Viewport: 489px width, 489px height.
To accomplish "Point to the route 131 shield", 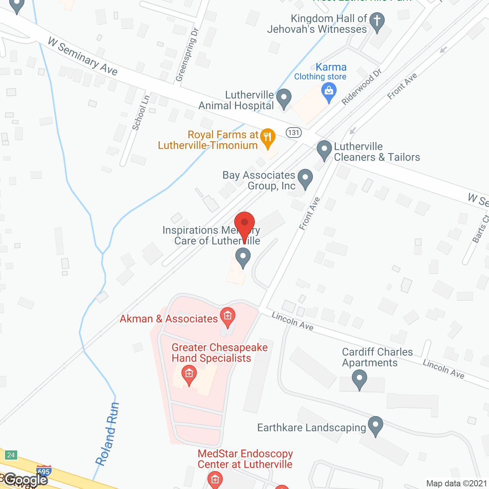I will [x=294, y=133].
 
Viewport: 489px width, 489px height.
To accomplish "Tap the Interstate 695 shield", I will [x=44, y=471].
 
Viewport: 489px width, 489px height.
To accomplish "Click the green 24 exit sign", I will [x=11, y=455].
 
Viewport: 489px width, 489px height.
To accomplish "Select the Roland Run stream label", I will [x=107, y=434].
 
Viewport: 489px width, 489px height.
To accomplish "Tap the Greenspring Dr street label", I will [x=187, y=55].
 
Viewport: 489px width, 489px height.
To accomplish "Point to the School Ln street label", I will [x=141, y=113].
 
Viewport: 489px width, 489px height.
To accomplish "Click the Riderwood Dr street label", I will [x=361, y=87].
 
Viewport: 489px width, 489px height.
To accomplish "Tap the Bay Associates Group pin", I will [x=305, y=178].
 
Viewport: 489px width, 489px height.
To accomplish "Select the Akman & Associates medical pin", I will [x=228, y=317].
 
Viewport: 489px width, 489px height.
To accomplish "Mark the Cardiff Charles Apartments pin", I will [x=359, y=380].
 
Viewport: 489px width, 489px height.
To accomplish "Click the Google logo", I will [x=26, y=480].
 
